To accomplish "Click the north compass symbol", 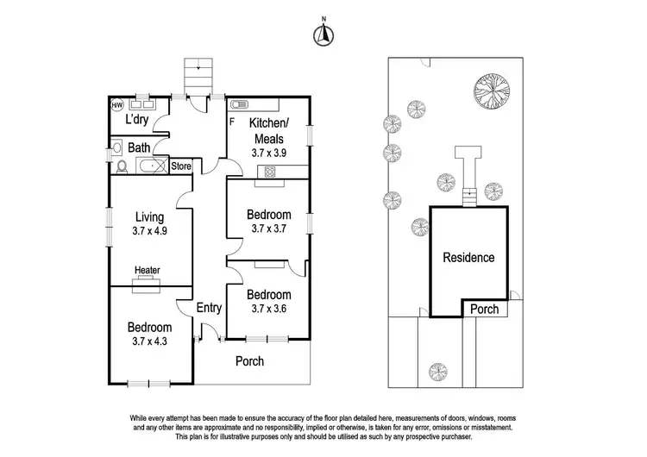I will (x=323, y=34).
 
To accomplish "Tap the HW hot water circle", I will (x=117, y=105).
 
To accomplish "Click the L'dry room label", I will (x=140, y=120).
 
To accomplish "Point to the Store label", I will (x=180, y=166).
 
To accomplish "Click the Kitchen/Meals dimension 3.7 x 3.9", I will (x=268, y=152).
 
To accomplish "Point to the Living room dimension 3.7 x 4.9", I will (x=150, y=230).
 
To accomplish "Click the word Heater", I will (x=148, y=270).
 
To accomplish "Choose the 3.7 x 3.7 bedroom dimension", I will (x=268, y=228).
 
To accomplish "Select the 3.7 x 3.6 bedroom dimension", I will (x=268, y=308).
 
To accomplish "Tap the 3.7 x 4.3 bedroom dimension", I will (x=150, y=341).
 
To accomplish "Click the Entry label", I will (x=210, y=308).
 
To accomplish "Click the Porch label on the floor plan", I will (x=249, y=361).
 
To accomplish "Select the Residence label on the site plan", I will (x=468, y=257).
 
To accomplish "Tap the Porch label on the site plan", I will (x=483, y=309).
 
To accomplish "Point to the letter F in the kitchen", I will (x=231, y=121).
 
